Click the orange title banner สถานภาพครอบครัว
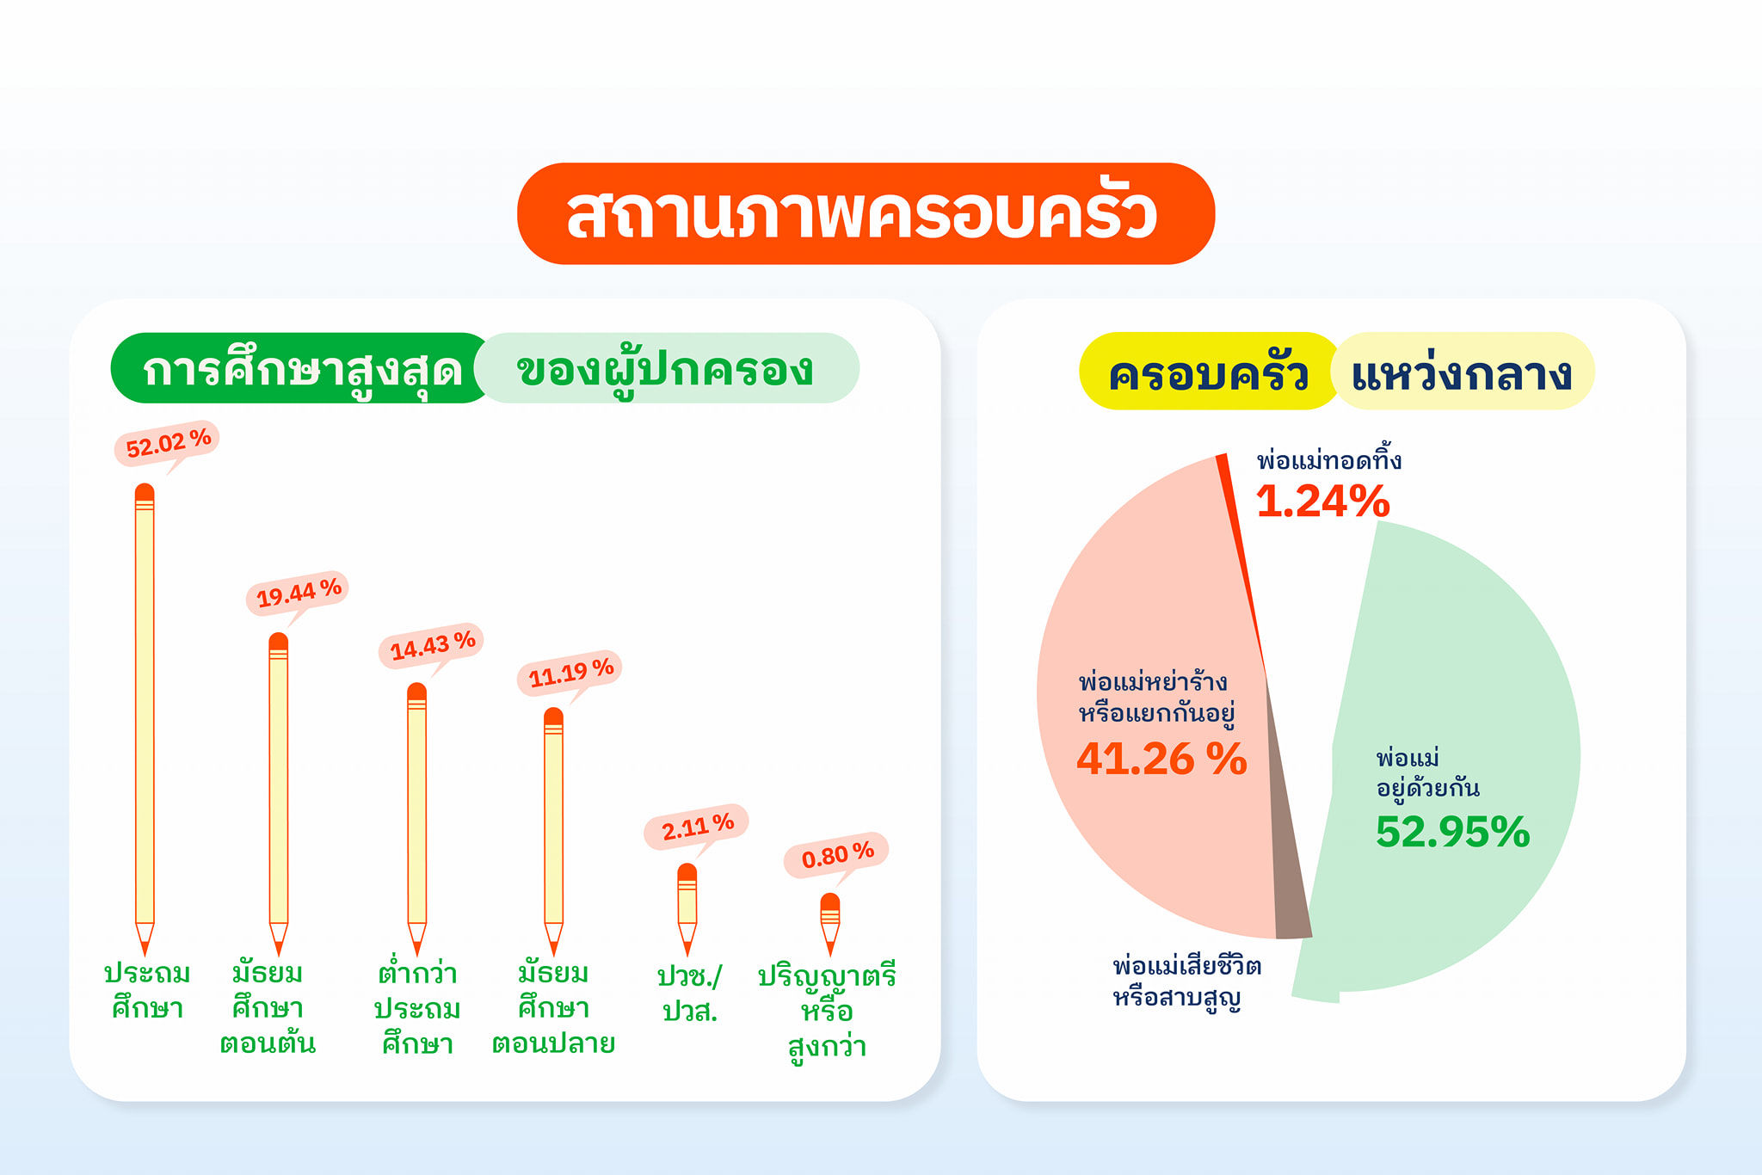(866, 213)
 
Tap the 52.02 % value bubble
(167, 445)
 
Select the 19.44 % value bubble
(298, 593)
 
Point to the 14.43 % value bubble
(431, 645)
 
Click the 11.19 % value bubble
(570, 673)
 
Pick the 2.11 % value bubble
(696, 828)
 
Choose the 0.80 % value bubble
(836, 857)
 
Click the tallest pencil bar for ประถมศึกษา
(145, 719)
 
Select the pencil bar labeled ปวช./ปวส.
(687, 910)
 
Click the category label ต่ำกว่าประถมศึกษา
(417, 1008)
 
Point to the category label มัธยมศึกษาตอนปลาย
(553, 1008)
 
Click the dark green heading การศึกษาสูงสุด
(302, 368)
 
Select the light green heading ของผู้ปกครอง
(666, 368)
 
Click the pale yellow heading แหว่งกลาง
(1463, 371)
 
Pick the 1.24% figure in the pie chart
(1323, 501)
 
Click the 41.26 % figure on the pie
(1161, 759)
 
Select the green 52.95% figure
(1453, 832)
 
